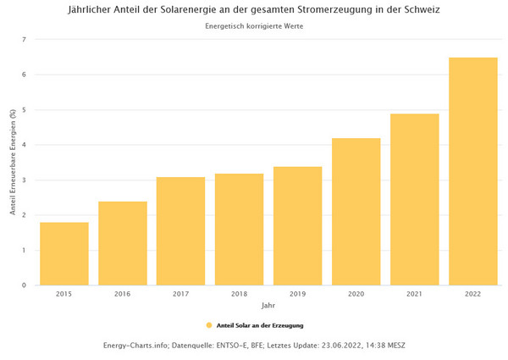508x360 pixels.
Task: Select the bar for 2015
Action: pyautogui.click(x=64, y=253)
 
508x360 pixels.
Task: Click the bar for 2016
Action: pyautogui.click(x=123, y=243)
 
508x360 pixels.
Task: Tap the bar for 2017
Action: pyautogui.click(x=180, y=230)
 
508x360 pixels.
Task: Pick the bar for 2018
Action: pyautogui.click(x=239, y=229)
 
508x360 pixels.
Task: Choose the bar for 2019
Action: pyautogui.click(x=297, y=225)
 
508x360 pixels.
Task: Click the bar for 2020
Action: pyautogui.click(x=356, y=211)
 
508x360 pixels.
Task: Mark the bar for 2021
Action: pyautogui.click(x=414, y=199)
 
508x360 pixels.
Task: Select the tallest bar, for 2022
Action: pyautogui.click(x=472, y=171)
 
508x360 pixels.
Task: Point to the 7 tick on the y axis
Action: pyautogui.click(x=25, y=40)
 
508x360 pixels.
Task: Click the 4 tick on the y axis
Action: pyautogui.click(x=25, y=145)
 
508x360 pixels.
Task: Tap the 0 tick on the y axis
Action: pyautogui.click(x=25, y=285)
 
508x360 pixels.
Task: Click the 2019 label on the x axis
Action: pyautogui.click(x=297, y=294)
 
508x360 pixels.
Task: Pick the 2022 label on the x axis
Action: pyautogui.click(x=472, y=294)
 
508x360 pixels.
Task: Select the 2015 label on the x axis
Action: pyautogui.click(x=64, y=294)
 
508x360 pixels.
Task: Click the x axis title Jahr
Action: pyautogui.click(x=268, y=305)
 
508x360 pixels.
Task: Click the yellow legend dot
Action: pyautogui.click(x=209, y=325)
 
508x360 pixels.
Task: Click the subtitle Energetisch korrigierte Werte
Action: pyautogui.click(x=254, y=26)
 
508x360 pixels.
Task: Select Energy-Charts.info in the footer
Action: pyautogui.click(x=138, y=345)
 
